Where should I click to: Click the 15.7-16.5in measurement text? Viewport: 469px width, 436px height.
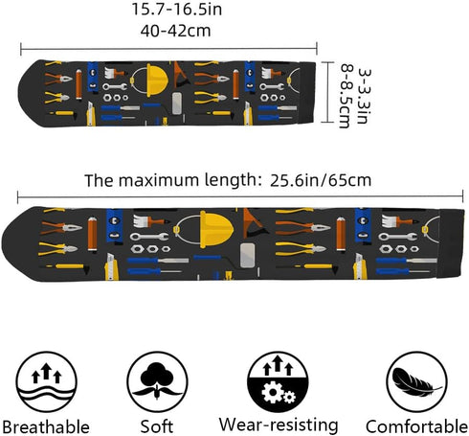(177, 10)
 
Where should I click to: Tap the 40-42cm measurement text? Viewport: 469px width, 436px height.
(176, 31)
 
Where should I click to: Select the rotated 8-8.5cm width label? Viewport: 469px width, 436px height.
(346, 96)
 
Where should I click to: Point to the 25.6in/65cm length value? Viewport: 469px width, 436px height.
(321, 181)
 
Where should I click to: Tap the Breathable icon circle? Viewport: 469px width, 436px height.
(47, 382)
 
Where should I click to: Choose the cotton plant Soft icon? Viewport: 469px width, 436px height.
(157, 381)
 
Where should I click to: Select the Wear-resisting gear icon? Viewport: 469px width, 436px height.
(278, 382)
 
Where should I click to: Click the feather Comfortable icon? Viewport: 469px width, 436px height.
(416, 382)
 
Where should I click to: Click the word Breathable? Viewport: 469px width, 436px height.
(46, 427)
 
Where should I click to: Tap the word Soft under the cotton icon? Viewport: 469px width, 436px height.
(157, 426)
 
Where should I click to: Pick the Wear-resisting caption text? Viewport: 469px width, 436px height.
(279, 425)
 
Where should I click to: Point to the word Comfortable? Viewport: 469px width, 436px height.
(416, 426)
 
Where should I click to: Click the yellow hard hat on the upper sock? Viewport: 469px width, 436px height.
(156, 80)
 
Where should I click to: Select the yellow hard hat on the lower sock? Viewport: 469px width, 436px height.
(216, 229)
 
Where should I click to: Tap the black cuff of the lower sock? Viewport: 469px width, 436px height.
(451, 243)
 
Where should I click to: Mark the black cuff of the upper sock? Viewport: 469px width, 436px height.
(307, 92)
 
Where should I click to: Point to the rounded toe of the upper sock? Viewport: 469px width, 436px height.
(31, 93)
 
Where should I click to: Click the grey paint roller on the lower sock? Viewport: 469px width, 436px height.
(247, 255)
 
